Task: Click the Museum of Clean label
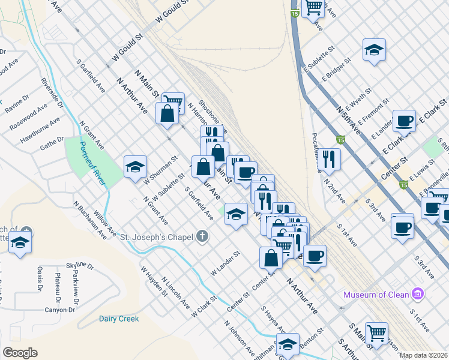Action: tap(376, 295)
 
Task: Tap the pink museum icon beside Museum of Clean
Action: tap(418, 294)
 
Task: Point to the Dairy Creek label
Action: tap(119, 319)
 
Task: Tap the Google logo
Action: tap(20, 352)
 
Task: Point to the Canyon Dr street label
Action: tap(60, 310)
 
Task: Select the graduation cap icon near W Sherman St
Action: tap(136, 167)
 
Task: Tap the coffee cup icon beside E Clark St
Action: tap(404, 120)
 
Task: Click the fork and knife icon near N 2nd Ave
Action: tap(328, 158)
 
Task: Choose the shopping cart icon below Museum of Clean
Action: tap(376, 332)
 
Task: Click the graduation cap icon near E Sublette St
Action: tap(373, 50)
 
